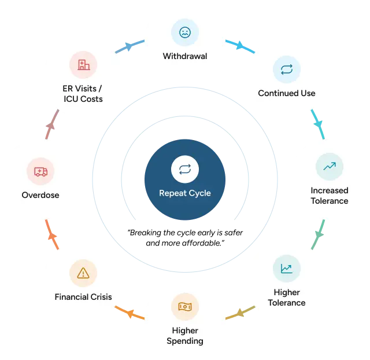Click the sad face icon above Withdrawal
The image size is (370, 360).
(185, 32)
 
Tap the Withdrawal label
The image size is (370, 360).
(185, 57)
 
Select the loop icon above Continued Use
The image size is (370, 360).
(287, 69)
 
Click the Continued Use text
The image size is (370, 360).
(287, 93)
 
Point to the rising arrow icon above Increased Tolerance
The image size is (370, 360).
(330, 167)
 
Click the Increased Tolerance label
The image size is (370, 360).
(330, 196)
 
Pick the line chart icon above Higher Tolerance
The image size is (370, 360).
(287, 269)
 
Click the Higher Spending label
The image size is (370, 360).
(185, 336)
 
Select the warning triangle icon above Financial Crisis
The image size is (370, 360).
(83, 272)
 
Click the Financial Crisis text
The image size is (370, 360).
(83, 297)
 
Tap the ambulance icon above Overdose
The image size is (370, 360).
(40, 171)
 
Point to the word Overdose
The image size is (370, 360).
(40, 195)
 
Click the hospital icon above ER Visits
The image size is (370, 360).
(83, 65)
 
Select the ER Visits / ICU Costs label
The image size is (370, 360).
(83, 94)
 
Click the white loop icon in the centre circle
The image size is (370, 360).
(185, 169)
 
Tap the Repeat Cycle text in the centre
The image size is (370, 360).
(185, 193)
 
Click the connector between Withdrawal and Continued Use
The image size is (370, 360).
(239, 46)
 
